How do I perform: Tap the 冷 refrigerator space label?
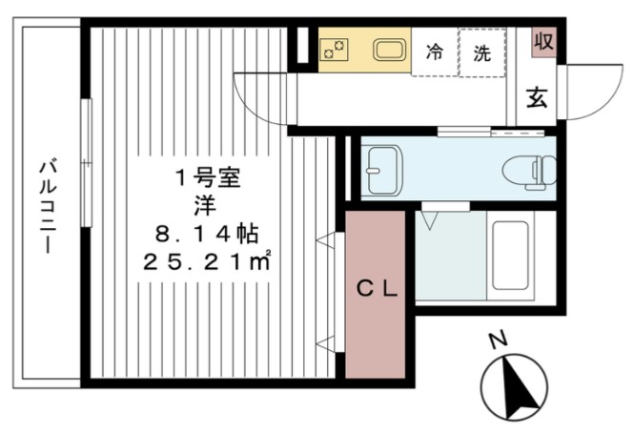click(434, 52)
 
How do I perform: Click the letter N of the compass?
click(496, 341)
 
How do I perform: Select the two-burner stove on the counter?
click(336, 50)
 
